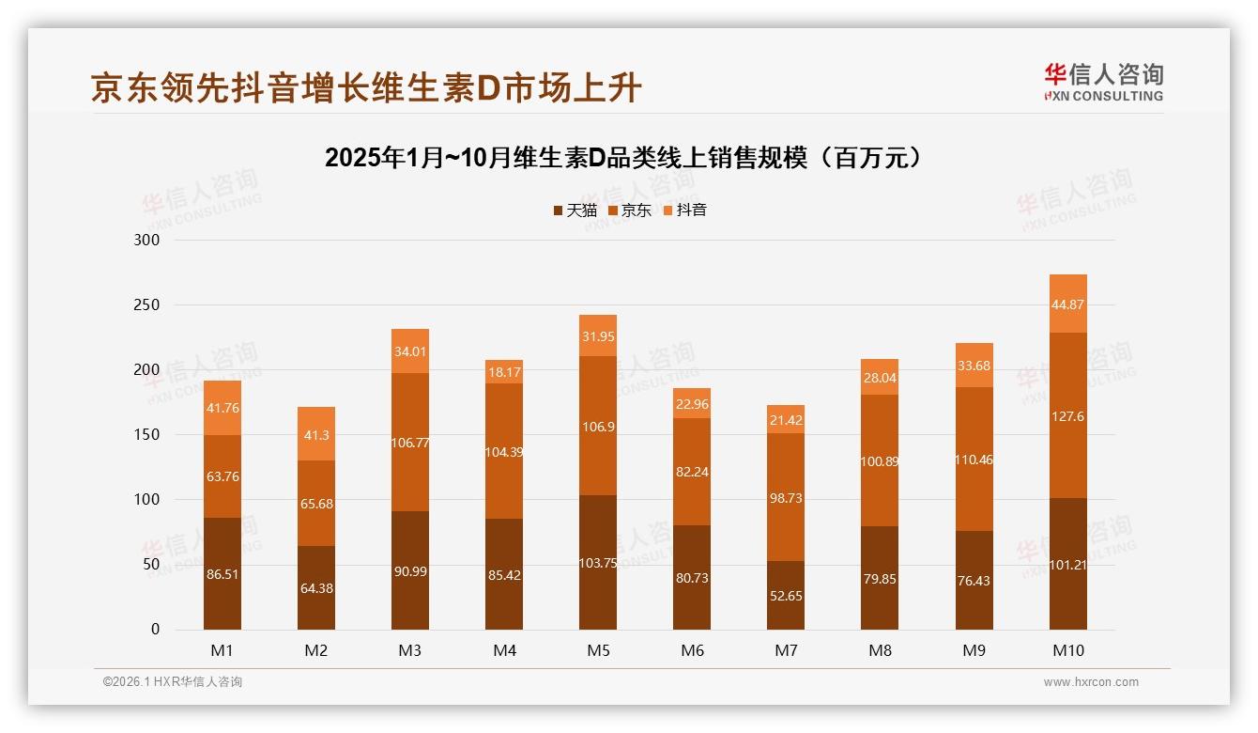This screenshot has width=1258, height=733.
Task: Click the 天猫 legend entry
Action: tap(575, 211)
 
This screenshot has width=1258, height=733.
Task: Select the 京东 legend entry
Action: tap(630, 211)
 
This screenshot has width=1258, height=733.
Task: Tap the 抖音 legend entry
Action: tap(685, 211)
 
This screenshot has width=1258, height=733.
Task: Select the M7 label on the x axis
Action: tap(786, 650)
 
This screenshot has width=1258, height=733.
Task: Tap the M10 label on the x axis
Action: tap(1067, 650)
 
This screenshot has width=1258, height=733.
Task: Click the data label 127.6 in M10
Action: tap(1068, 416)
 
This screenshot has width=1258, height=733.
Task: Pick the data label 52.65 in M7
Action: tap(786, 596)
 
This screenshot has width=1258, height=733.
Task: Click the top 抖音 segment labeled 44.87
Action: tap(1068, 304)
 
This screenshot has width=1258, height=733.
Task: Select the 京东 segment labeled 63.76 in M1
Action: tap(222, 476)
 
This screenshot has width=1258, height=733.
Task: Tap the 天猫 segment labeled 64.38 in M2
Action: tap(316, 588)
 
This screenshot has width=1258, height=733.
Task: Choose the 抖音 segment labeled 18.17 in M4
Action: tap(504, 372)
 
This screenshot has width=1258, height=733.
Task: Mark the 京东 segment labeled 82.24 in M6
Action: tap(692, 472)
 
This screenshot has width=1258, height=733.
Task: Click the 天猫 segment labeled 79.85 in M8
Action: tap(880, 579)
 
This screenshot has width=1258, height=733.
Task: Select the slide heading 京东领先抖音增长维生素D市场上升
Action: tap(366, 88)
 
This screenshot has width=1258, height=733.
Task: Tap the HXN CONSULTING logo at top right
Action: tap(1103, 83)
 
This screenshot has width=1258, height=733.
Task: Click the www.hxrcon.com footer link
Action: tap(1091, 682)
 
